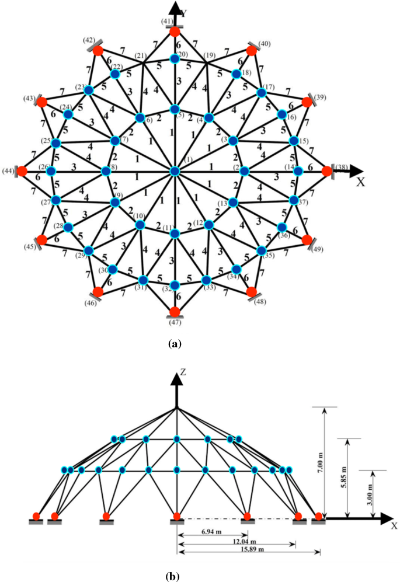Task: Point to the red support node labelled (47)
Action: pos(174,311)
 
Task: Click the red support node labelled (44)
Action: pos(22,171)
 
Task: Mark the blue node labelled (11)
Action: pos(174,234)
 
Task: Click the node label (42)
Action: pos(89,41)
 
